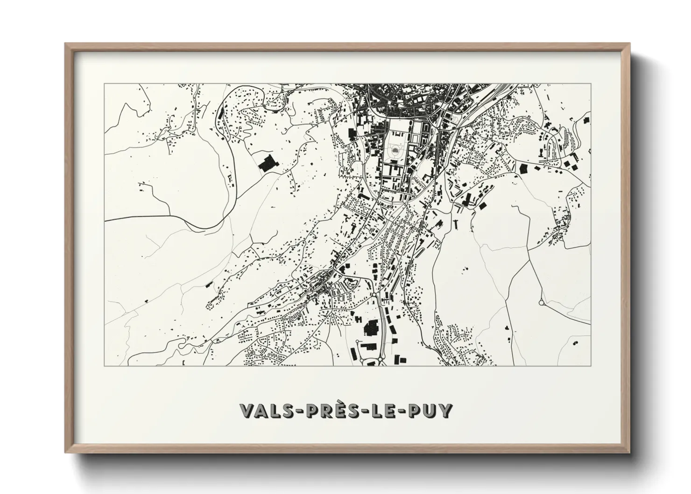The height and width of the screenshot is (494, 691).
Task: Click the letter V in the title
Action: (247, 410)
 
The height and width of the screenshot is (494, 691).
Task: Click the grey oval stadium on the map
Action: (396, 150)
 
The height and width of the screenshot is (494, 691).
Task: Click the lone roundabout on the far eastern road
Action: (542, 303)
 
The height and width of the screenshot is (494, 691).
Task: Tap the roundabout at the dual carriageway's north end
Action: (374, 295)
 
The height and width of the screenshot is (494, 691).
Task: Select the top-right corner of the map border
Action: (591, 84)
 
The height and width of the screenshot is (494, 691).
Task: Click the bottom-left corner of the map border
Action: (104, 366)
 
